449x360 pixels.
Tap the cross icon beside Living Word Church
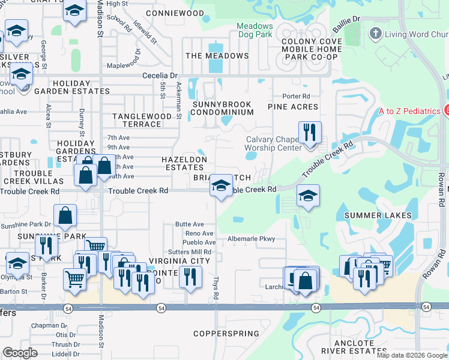[376, 33]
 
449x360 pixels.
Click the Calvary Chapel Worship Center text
[273, 143]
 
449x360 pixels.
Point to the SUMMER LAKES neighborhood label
[377, 215]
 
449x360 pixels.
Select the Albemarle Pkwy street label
[251, 239]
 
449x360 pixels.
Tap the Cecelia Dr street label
[160, 76]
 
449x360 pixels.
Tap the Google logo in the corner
[20, 353]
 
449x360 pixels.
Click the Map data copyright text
[411, 355]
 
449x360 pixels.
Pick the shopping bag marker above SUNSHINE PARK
[65, 215]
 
